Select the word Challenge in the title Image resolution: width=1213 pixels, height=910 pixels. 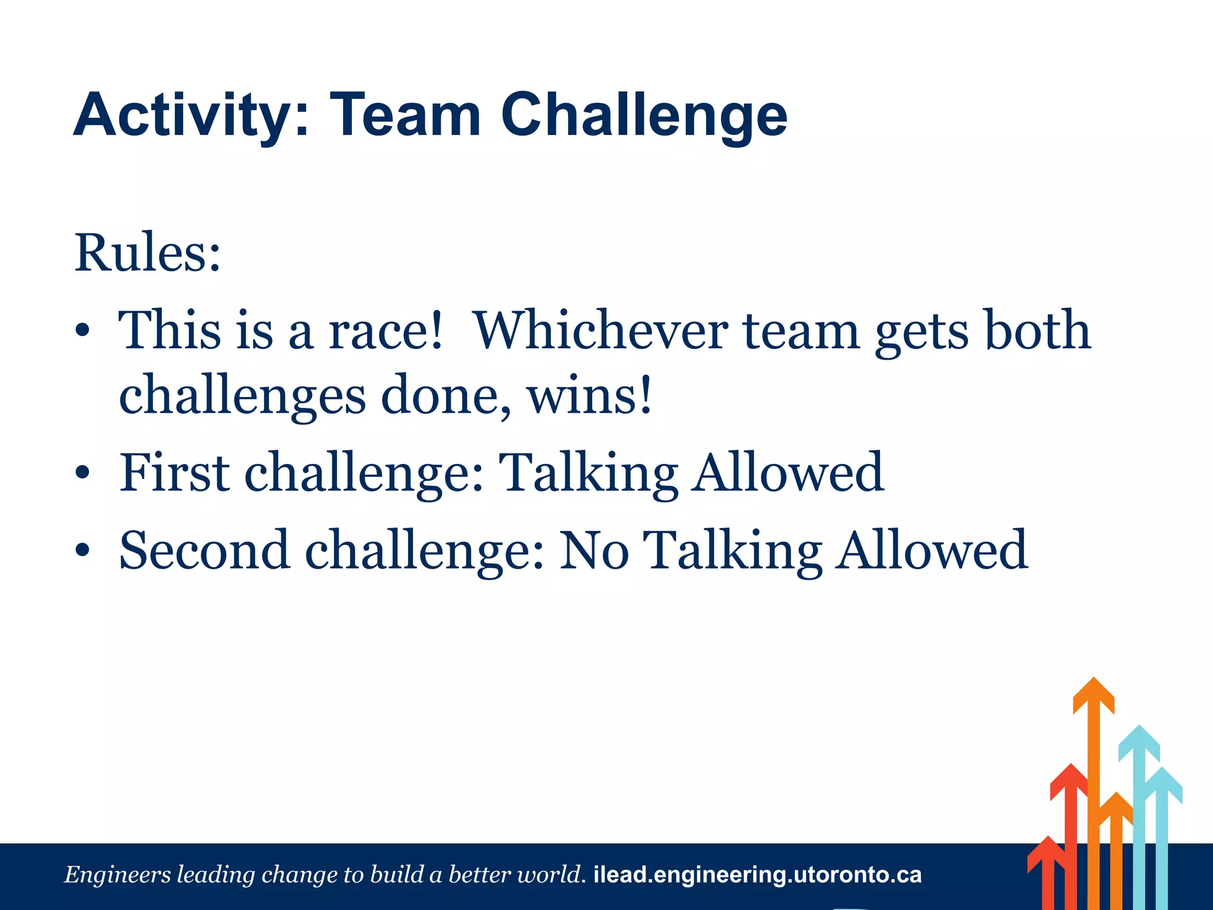pyautogui.click(x=644, y=116)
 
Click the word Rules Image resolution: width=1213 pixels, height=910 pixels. pyautogui.click(x=147, y=254)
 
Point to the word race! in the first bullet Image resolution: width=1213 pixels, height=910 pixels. pyautogui.click(x=385, y=331)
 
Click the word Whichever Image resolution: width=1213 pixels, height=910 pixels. pyautogui.click(x=601, y=331)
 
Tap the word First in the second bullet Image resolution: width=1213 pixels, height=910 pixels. pyautogui.click(x=174, y=473)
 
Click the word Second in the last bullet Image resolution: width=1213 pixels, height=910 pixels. pyautogui.click(x=204, y=551)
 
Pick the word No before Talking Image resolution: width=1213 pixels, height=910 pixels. pyautogui.click(x=593, y=551)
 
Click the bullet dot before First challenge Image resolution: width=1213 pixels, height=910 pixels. pyautogui.click(x=82, y=473)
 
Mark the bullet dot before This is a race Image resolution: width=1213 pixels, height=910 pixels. pyautogui.click(x=82, y=331)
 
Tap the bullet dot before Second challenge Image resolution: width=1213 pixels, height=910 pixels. pyautogui.click(x=82, y=551)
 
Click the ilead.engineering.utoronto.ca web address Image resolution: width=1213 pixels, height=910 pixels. pyautogui.click(x=757, y=875)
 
